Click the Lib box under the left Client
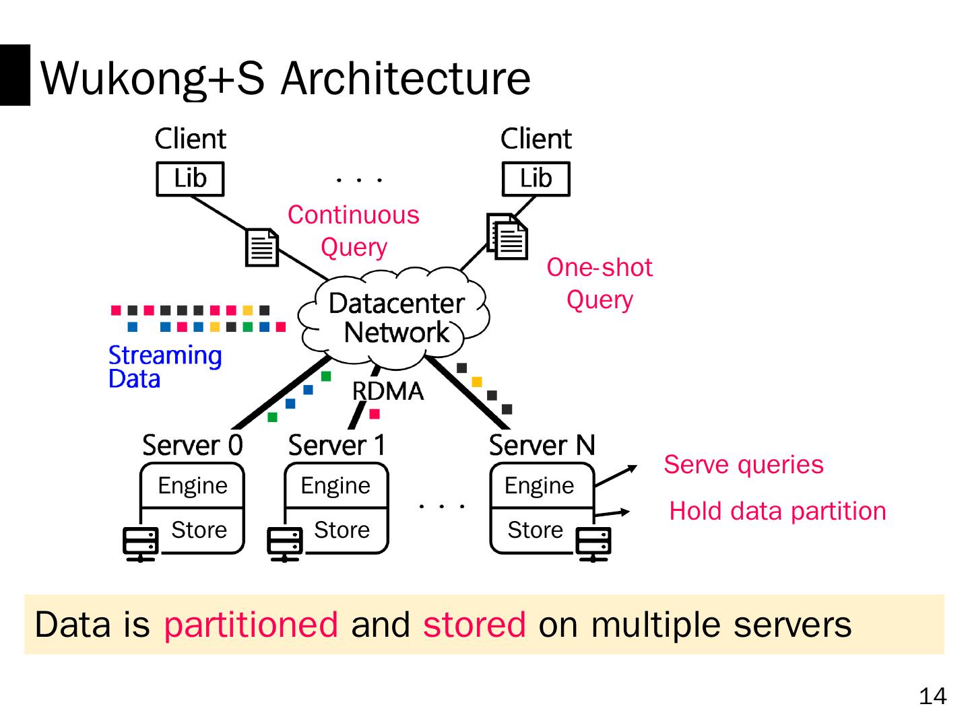tap(190, 179)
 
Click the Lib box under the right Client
tap(536, 179)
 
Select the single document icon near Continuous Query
tap(261, 247)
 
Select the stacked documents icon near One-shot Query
tap(508, 236)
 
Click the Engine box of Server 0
tap(193, 486)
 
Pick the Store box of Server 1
tap(342, 530)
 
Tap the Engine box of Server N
tap(540, 486)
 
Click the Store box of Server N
tap(536, 530)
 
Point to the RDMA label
tap(388, 391)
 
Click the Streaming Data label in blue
tap(164, 367)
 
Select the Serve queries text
tap(743, 464)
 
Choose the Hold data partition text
tap(777, 511)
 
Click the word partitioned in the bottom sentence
tap(251, 624)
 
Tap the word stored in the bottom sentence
tap(474, 624)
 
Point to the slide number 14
tap(932, 696)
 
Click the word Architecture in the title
tap(406, 78)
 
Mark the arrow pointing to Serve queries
tap(616, 475)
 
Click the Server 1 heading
tap(337, 445)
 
